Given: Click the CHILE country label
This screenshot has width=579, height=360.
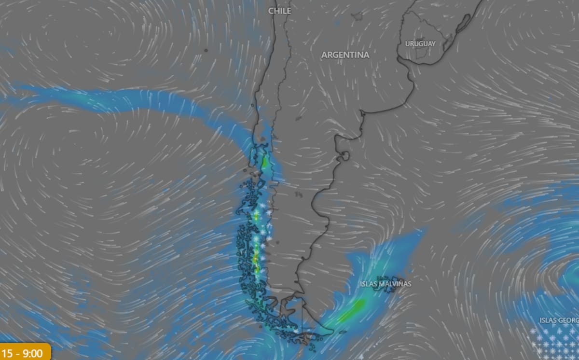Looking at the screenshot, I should coord(279,11).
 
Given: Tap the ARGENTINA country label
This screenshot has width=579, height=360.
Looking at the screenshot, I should coord(345,55).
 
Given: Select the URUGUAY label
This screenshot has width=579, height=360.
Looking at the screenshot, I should coord(420,44).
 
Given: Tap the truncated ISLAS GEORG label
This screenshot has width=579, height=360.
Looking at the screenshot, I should coord(559,320).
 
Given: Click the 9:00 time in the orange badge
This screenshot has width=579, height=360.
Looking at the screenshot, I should coord(33,353).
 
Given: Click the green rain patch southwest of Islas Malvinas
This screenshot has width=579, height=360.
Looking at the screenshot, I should coord(353,310).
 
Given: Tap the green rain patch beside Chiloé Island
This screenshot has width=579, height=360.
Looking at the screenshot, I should coord(264,162).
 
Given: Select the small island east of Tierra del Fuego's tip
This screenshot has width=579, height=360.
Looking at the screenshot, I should coord(342,332).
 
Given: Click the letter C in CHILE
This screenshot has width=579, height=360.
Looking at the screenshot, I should coord(271,11).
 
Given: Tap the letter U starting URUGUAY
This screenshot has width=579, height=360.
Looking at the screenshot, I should coord(408,44).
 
